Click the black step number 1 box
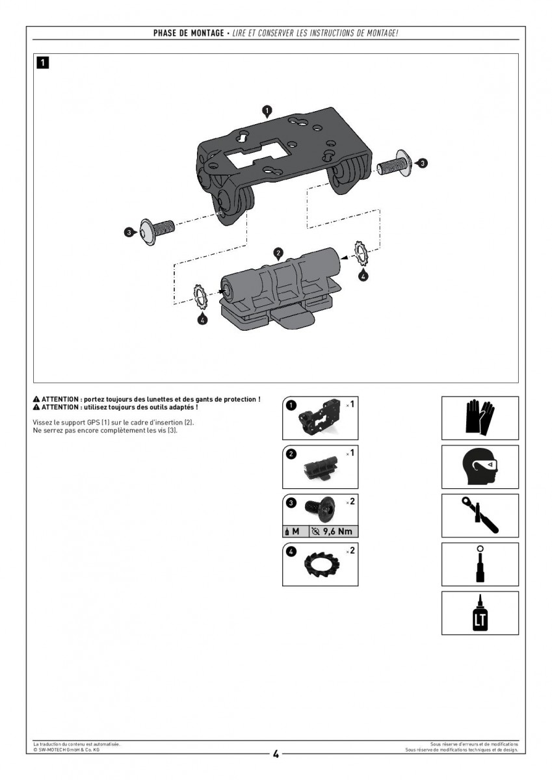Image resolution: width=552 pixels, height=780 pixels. pos(42,62)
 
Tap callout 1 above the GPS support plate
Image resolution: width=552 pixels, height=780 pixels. pos(267,111)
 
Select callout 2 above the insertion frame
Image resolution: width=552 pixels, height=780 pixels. pos(278,253)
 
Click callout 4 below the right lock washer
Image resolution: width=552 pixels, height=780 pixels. pos(363,276)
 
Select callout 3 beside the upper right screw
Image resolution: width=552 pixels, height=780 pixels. pos(422,163)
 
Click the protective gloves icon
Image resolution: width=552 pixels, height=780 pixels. pos(480,417)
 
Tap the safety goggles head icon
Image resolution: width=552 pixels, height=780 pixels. pos(480,466)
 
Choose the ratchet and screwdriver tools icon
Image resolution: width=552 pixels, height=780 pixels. pos(480,515)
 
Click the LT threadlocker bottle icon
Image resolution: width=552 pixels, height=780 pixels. pos(480,613)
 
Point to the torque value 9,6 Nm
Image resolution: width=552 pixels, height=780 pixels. pos(337,532)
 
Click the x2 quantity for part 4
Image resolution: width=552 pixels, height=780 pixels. pos(350,551)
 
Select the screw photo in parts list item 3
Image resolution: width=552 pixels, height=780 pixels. pos(320,508)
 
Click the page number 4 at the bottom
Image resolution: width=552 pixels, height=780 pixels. pos(276,754)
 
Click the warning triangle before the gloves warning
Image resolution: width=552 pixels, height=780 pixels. pos(36,399)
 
